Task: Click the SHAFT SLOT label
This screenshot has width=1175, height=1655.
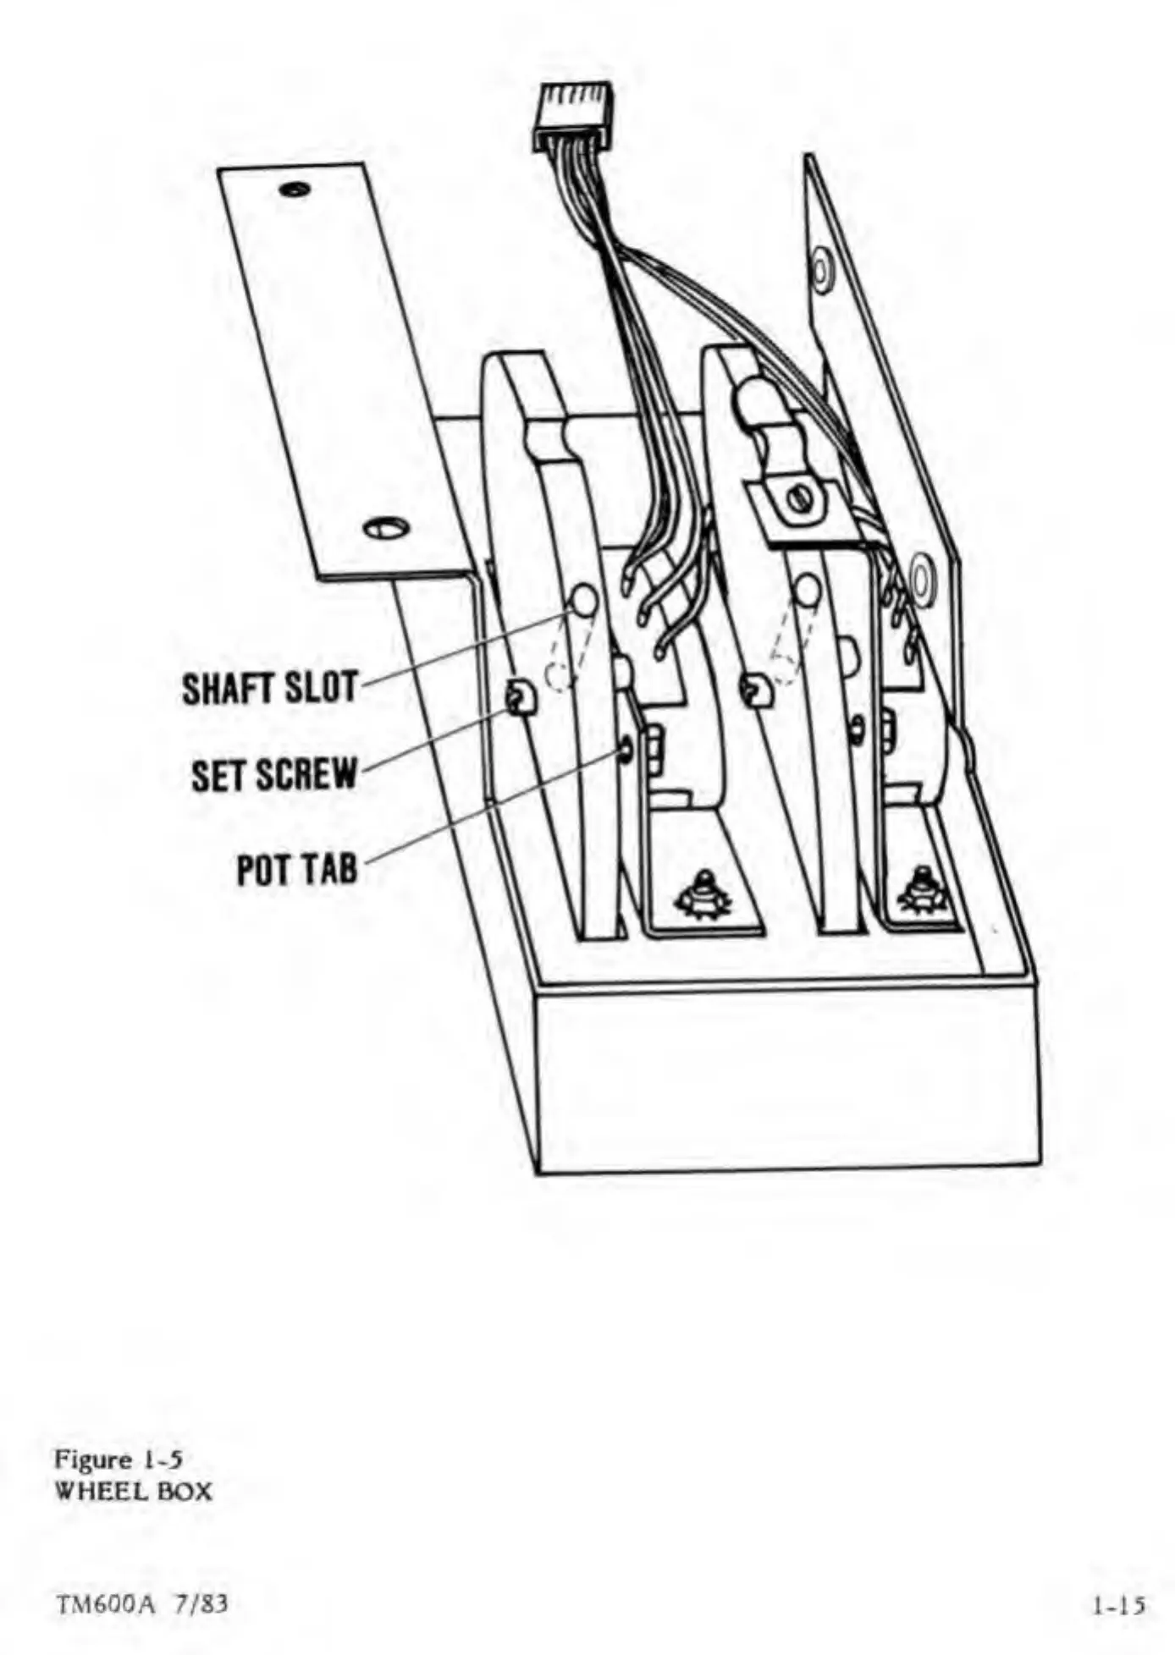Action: [x=271, y=688]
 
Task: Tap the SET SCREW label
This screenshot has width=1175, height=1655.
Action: [x=274, y=774]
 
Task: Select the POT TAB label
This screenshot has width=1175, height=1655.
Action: [x=297, y=869]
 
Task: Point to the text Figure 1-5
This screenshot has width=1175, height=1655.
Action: [x=119, y=1459]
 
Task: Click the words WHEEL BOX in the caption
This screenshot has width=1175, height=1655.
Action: [x=133, y=1491]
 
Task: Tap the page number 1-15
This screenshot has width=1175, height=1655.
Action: [x=1117, y=1604]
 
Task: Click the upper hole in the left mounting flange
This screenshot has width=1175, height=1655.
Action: [x=293, y=189]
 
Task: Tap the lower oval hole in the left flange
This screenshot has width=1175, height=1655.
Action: [x=386, y=528]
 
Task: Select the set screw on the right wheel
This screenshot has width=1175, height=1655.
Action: [x=755, y=690]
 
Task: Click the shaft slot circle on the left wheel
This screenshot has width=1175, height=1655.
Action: [x=583, y=600]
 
